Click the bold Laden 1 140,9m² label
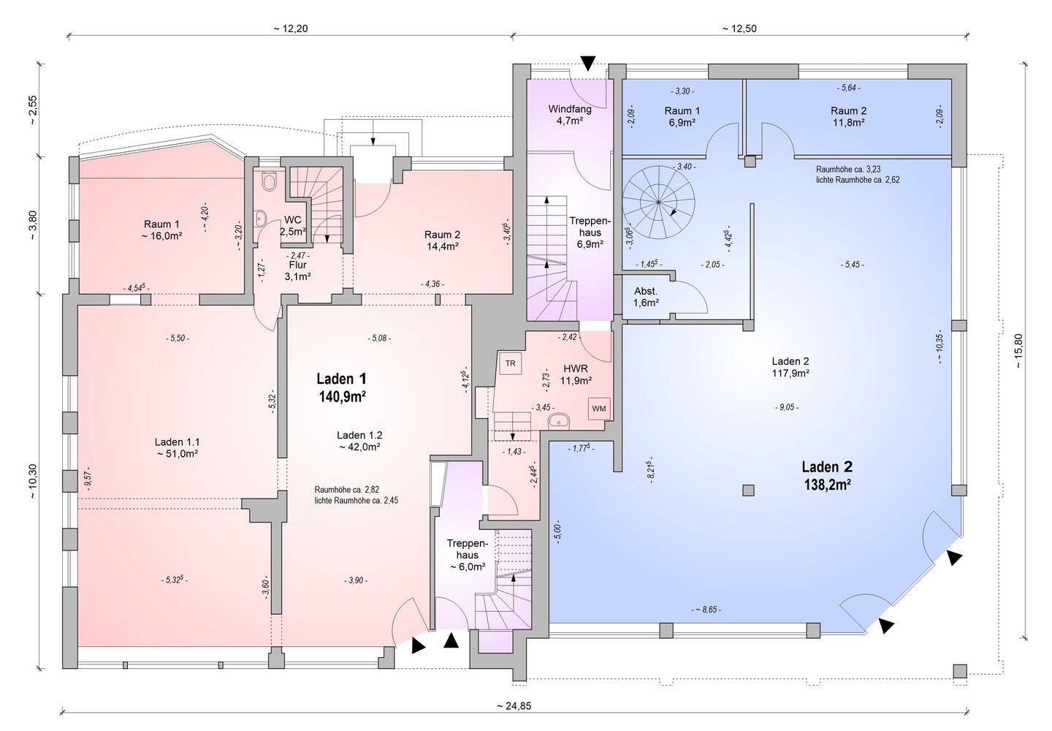tap(342, 387)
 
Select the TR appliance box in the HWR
tap(511, 363)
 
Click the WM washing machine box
tap(599, 409)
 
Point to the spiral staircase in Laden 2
tap(658, 202)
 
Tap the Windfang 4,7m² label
tap(570, 115)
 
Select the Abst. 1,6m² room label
tap(646, 298)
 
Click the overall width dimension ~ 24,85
tap(514, 706)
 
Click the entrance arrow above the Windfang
tap(588, 62)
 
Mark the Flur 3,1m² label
tap(297, 271)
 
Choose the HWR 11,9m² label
tap(576, 375)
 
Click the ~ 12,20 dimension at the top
tap(291, 29)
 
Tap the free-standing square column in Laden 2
tap(749, 491)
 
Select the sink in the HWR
tap(558, 420)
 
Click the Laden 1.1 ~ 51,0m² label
tap(177, 447)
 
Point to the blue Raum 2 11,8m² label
tap(849, 116)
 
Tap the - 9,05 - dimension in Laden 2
tap(787, 407)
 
